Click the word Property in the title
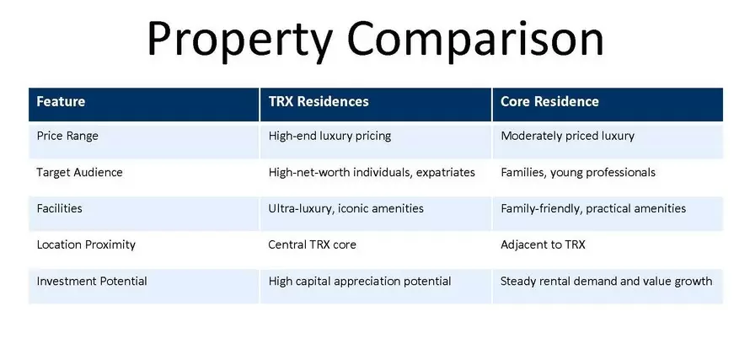pyautogui.click(x=240, y=40)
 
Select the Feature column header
pyautogui.click(x=61, y=101)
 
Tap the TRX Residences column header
pyautogui.click(x=319, y=101)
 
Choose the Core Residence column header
pyautogui.click(x=549, y=101)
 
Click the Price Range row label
pyautogui.click(x=67, y=136)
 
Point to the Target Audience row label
pyautogui.click(x=79, y=172)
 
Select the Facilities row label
pyautogui.click(x=59, y=208)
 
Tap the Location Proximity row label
pyautogui.click(x=86, y=244)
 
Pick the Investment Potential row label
pyautogui.click(x=92, y=281)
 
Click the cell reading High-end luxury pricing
pyautogui.click(x=329, y=136)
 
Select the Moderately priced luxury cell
pyautogui.click(x=567, y=136)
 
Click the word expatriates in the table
pyautogui.click(x=445, y=172)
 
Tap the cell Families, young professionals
pyautogui.click(x=578, y=172)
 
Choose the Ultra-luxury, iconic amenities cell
pyautogui.click(x=346, y=209)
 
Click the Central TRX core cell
pyautogui.click(x=312, y=244)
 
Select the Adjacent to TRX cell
pyautogui.click(x=543, y=244)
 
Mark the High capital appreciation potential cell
pyautogui.click(x=360, y=281)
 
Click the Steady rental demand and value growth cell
pyautogui.click(x=607, y=281)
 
